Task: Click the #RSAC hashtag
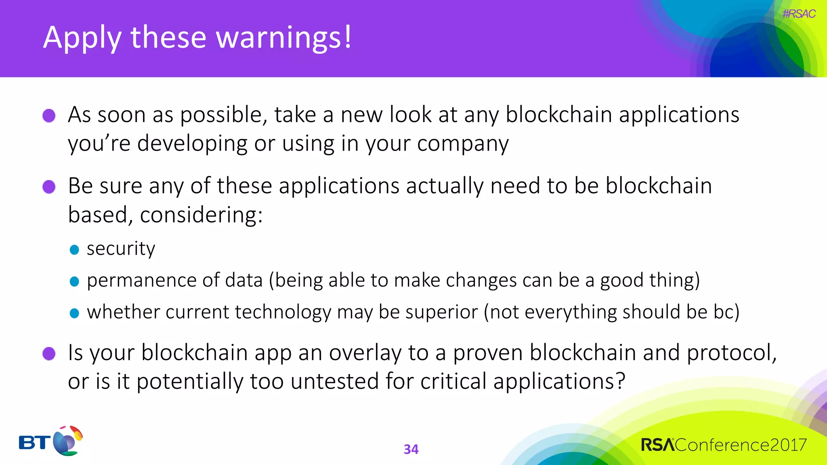(799, 14)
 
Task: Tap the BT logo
(50, 441)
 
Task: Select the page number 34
(411, 449)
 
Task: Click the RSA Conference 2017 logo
(723, 445)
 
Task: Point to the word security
(121, 249)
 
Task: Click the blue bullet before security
(74, 249)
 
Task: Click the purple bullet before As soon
(49, 115)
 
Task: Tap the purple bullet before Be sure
(49, 187)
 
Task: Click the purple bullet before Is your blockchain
(49, 354)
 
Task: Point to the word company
(463, 144)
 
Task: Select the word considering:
(201, 215)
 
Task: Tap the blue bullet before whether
(74, 313)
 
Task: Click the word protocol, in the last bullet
(732, 352)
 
